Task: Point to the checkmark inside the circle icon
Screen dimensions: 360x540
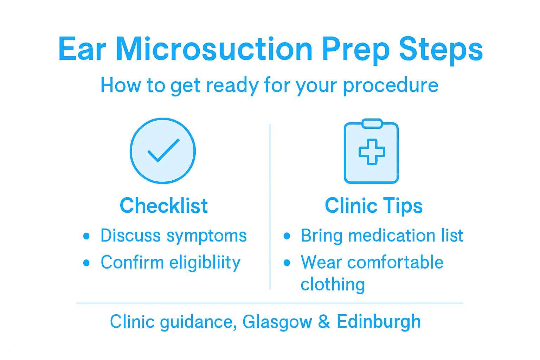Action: pyautogui.click(x=163, y=150)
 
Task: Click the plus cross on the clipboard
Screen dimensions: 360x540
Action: pyautogui.click(x=372, y=152)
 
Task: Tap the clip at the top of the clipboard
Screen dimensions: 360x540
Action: pyautogui.click(x=372, y=124)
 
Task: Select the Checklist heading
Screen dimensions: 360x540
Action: pyautogui.click(x=163, y=206)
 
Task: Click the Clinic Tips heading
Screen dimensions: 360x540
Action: pyautogui.click(x=373, y=206)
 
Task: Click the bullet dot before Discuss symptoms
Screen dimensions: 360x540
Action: pyautogui.click(x=86, y=236)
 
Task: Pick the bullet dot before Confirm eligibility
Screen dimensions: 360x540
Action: pyautogui.click(x=86, y=263)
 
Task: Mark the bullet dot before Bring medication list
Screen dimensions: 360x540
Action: pyautogui.click(x=287, y=236)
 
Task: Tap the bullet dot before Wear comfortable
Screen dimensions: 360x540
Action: pyautogui.click(x=287, y=263)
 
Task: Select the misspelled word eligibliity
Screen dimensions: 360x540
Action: pyautogui.click(x=205, y=263)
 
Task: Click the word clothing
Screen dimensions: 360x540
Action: pyautogui.click(x=333, y=284)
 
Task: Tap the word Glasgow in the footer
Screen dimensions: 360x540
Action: pyautogui.click(x=277, y=322)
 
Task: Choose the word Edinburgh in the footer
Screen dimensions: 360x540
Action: pyautogui.click(x=379, y=322)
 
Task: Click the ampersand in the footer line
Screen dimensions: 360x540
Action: pyautogui.click(x=324, y=322)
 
